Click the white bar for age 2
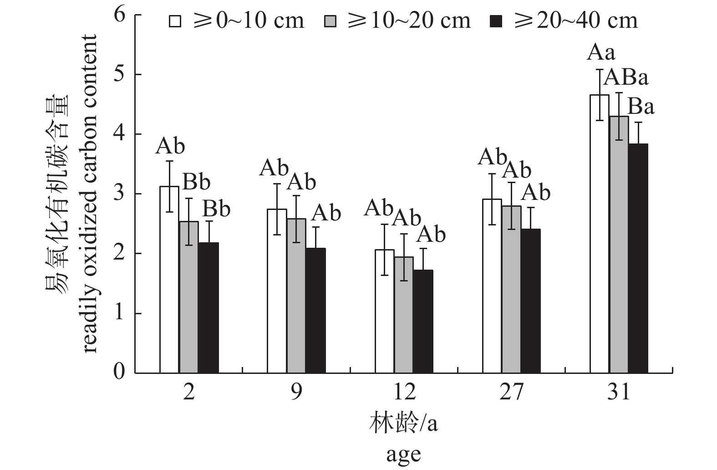[x=169, y=280]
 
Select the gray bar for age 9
[x=296, y=296]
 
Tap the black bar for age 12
[x=423, y=322]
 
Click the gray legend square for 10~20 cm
[x=331, y=21]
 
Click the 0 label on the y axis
[x=119, y=373]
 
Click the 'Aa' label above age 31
[x=600, y=53]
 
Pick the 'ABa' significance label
[x=626, y=78]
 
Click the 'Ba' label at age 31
[x=641, y=107]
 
